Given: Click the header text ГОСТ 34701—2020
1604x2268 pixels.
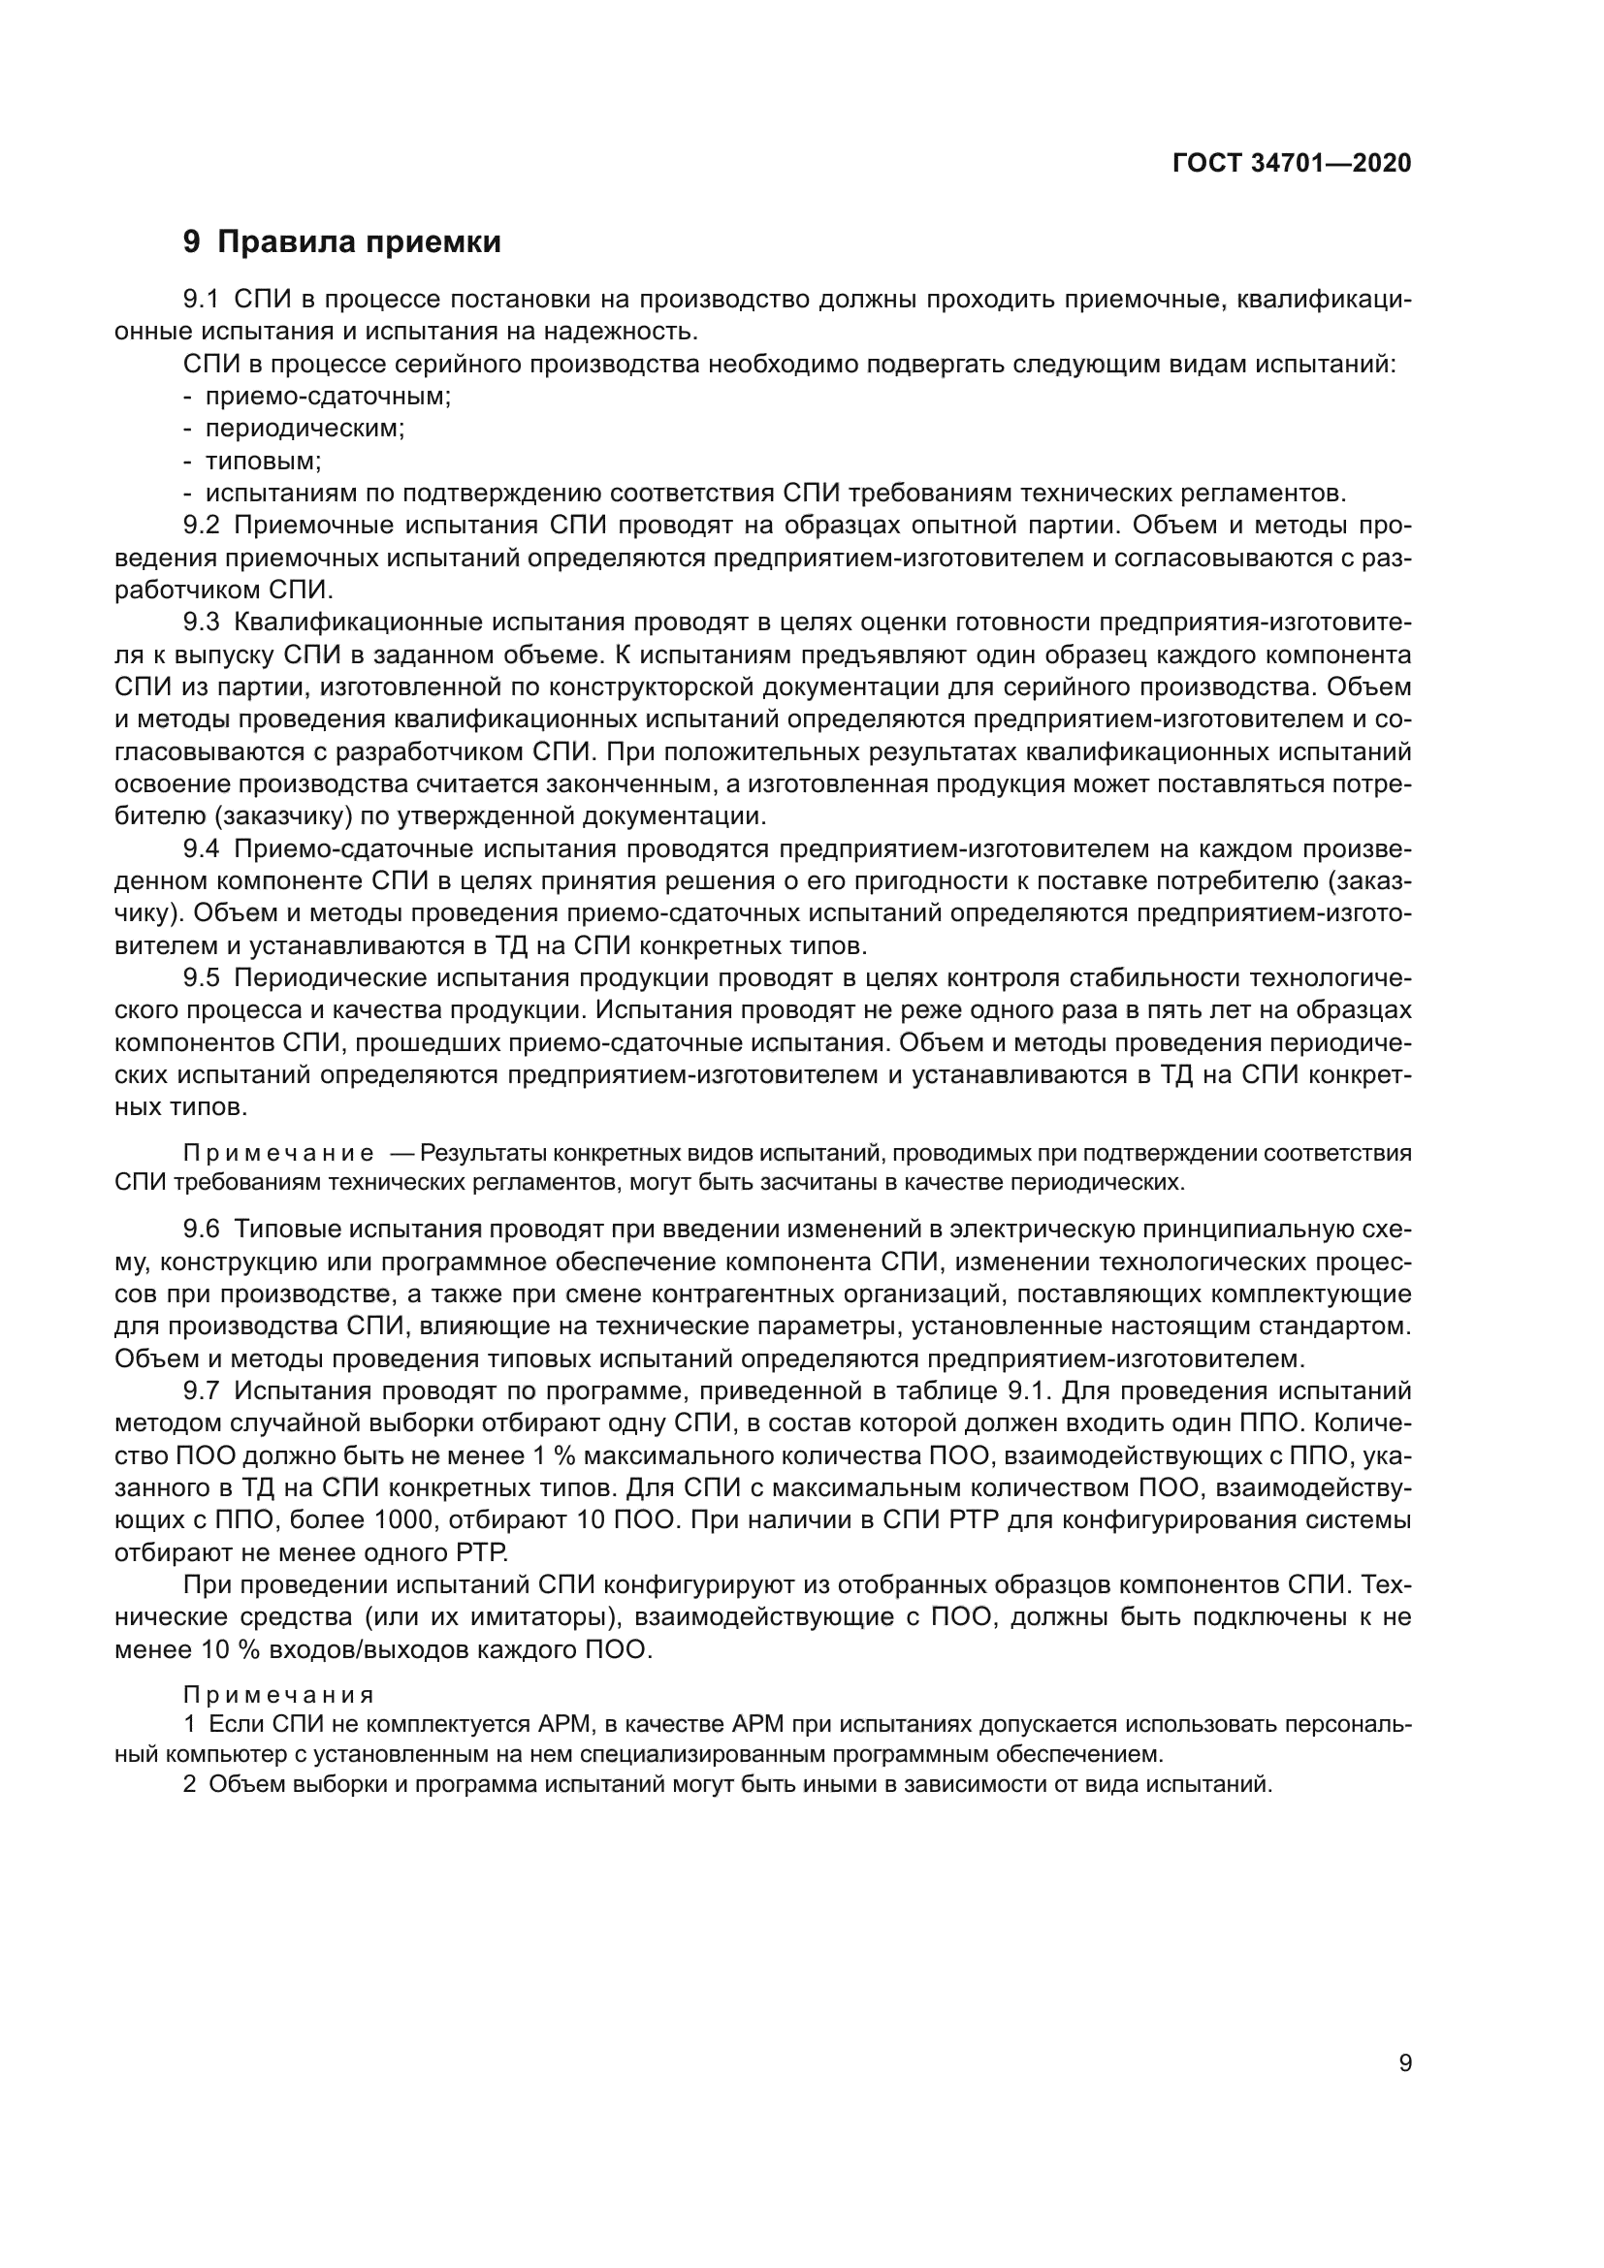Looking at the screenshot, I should point(1291,164).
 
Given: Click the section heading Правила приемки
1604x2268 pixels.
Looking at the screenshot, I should point(359,242).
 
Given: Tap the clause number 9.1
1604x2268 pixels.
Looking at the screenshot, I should point(204,300).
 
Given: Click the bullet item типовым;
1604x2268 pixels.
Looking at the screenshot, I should point(263,462).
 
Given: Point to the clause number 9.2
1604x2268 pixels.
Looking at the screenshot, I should point(204,526).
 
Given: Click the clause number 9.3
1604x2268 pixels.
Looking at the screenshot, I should point(204,623).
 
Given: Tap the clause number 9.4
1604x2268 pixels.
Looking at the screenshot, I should point(204,848).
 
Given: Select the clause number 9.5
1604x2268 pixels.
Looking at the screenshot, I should point(204,978).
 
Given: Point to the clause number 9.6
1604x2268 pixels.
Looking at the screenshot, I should point(204,1230).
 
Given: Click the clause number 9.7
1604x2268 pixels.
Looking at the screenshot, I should point(204,1390).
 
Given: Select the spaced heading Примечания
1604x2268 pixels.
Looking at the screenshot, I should point(278,1695).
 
